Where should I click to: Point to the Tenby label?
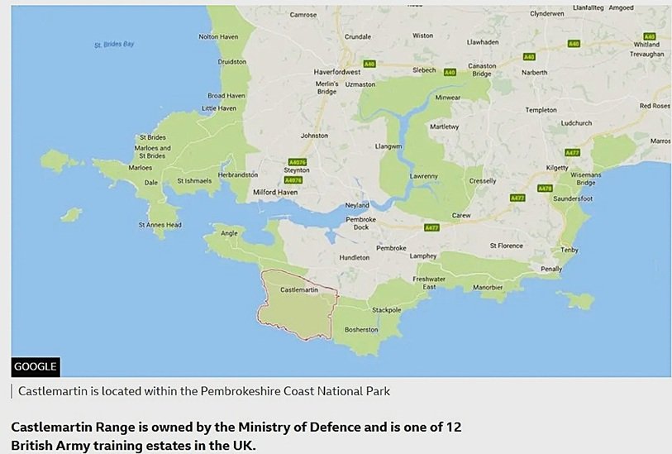(569, 250)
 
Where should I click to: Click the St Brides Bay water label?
(114, 44)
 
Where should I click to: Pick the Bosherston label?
(361, 329)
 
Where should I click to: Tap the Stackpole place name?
(387, 310)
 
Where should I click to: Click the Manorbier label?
(487, 287)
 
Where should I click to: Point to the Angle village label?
(228, 234)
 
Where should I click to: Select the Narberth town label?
(534, 72)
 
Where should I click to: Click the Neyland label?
(357, 205)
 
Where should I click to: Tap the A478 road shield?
(545, 189)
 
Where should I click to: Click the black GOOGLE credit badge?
(36, 366)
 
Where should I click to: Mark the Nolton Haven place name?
(219, 36)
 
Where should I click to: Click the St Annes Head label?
(160, 224)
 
